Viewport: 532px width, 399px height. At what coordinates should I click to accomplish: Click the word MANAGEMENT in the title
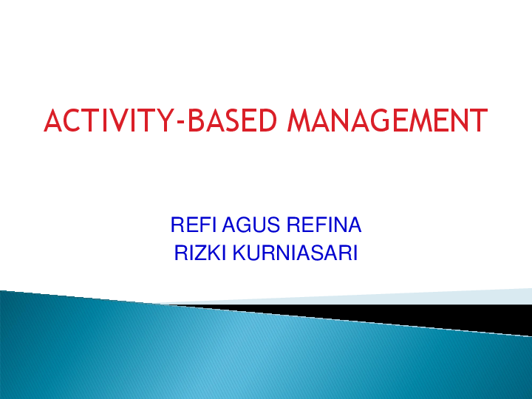[387, 120]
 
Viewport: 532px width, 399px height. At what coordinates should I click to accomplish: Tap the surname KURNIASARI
[295, 253]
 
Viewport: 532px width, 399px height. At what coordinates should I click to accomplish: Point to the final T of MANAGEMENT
[478, 120]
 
